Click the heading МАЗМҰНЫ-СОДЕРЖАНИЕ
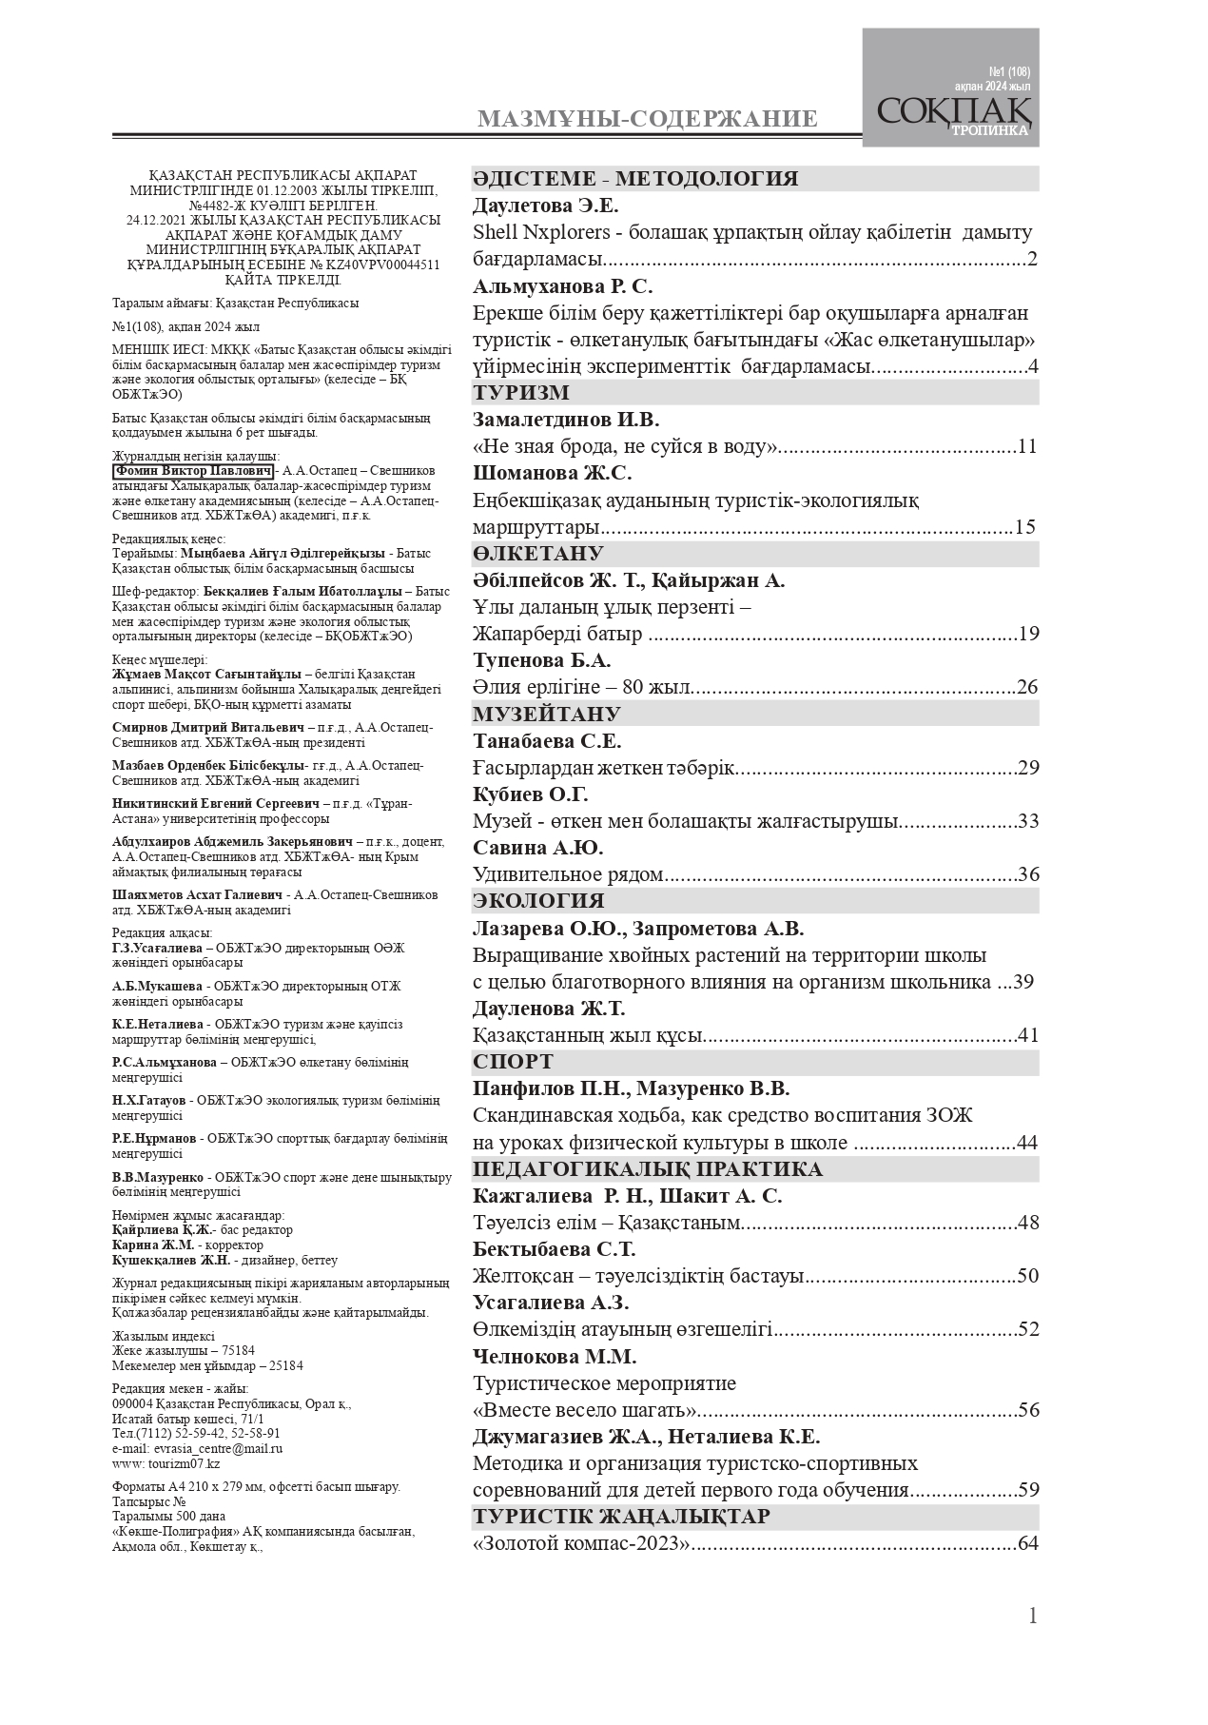coord(647,119)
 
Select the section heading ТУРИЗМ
coord(521,393)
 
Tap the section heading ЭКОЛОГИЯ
coord(538,901)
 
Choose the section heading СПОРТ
coord(514,1062)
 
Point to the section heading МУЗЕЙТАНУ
coord(547,715)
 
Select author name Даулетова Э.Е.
coord(546,206)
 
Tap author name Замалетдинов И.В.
coord(566,420)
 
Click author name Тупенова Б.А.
coord(542,660)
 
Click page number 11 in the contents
coord(1027,447)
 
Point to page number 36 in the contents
coord(1027,874)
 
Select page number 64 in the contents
coord(1027,1543)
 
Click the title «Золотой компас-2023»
coord(581,1543)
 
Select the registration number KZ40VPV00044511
coord(388,265)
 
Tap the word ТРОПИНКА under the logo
coord(989,131)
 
